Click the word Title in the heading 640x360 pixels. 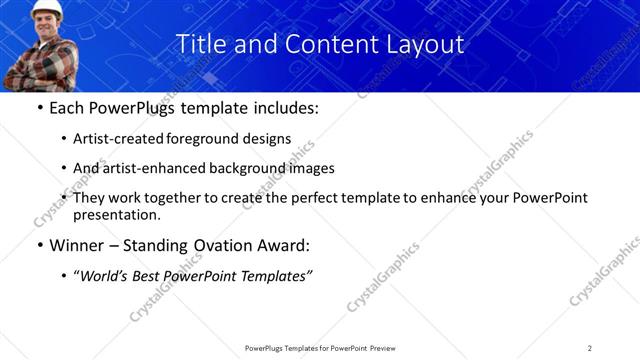199,45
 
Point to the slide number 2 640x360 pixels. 590,348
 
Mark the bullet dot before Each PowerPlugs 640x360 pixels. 39,108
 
